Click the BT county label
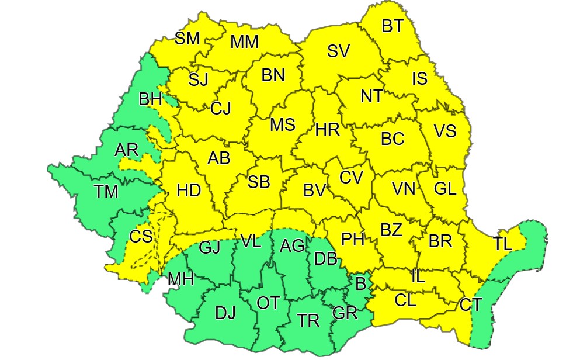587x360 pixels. pos(393,26)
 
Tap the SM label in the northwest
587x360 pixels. pos(187,39)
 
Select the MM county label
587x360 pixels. pos(244,42)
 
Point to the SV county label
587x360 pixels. pos(338,51)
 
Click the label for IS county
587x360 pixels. pos(419,78)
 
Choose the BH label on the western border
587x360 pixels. pos(150,99)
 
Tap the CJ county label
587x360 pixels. pos(221,108)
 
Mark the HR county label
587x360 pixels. pos(327,130)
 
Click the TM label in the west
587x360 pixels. pos(106,191)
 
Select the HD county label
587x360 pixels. pos(188,191)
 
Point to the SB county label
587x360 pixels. pos(259,182)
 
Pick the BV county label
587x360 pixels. pos(314,190)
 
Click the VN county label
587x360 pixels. pos(403,189)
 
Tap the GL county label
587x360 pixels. pos(445,189)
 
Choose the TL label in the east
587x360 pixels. pos(502,244)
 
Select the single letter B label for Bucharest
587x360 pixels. pos(360,285)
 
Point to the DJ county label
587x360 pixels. pos(225,313)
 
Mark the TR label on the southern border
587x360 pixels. pos(308,320)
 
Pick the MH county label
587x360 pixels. pos(180,279)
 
